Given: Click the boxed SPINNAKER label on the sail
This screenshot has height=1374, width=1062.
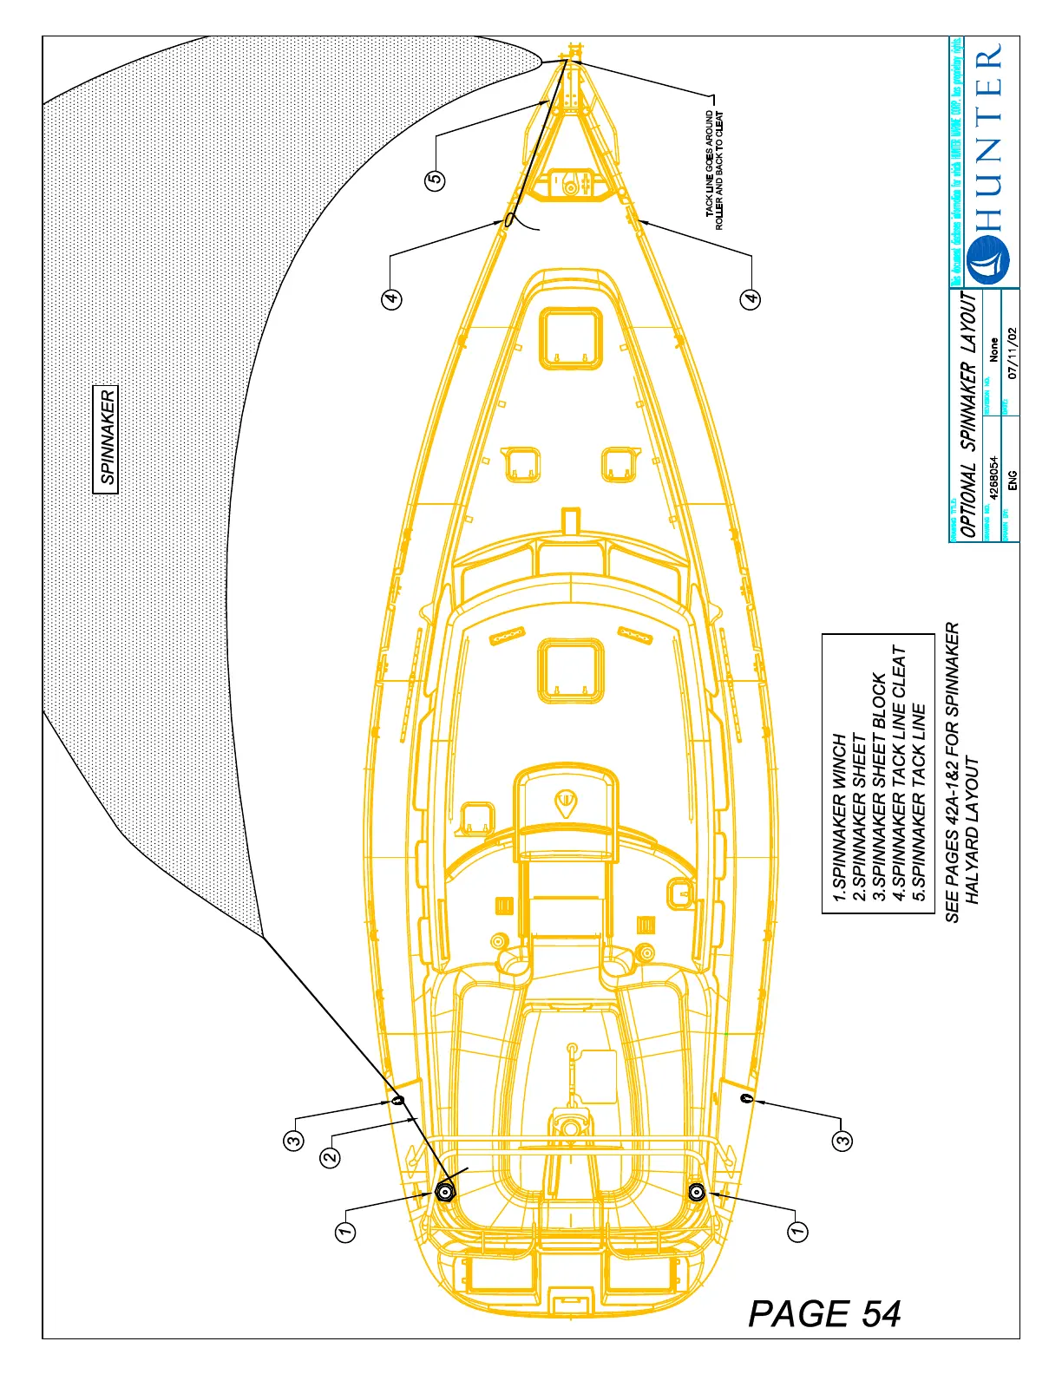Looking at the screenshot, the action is [x=105, y=440].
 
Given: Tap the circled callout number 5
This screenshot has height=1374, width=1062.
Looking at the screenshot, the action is [x=435, y=180].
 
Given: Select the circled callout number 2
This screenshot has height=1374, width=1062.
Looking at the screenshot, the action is [x=330, y=1156].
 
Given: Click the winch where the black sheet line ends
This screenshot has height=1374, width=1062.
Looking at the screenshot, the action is [x=445, y=1192].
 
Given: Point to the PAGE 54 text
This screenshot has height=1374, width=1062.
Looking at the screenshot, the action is [x=824, y=1314].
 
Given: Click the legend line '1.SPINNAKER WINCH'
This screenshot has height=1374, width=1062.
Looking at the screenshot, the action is [x=839, y=819].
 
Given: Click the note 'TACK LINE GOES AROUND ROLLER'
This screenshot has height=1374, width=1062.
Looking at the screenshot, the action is [x=711, y=169].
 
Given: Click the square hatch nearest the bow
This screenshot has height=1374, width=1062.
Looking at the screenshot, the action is [x=570, y=337].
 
